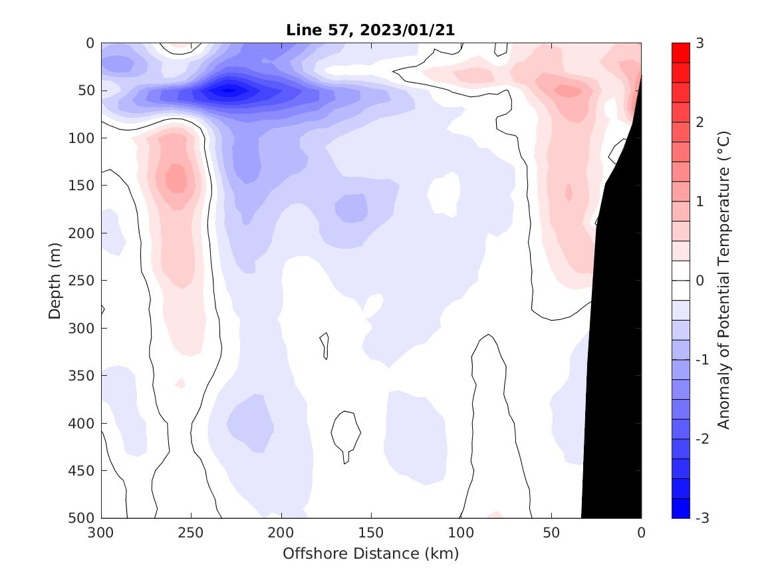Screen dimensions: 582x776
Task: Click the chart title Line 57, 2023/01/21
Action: pos(371,31)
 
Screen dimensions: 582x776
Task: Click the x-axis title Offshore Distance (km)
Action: pos(371,553)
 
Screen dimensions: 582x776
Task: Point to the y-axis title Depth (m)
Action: pos(55,280)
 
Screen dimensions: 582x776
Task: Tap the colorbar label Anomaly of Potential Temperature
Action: pos(724,280)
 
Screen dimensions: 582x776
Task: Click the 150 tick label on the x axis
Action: pos(371,533)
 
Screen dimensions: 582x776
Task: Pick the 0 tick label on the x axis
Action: pos(641,533)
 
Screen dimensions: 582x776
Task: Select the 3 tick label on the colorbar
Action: pos(700,44)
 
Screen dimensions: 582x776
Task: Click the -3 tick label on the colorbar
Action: pos(702,518)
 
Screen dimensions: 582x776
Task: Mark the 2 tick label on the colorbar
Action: pos(700,122)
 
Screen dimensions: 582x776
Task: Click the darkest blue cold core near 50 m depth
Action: pos(228,90)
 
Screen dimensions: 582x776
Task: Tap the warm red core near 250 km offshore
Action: pos(176,178)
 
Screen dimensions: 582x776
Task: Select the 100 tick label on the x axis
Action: pos(461,533)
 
